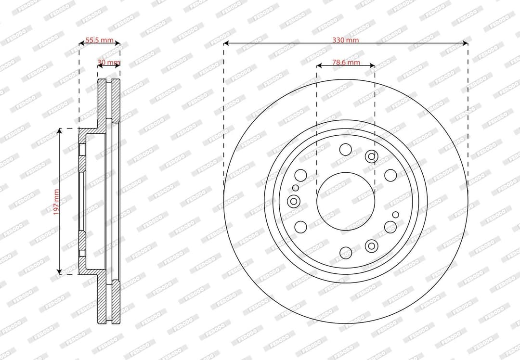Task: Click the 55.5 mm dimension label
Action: tap(99, 40)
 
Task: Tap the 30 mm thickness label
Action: tap(109, 63)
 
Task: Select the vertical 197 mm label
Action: tap(56, 201)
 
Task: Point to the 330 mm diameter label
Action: tap(346, 40)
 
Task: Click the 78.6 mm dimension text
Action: tap(346, 62)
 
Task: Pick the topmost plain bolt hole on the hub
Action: tap(345, 149)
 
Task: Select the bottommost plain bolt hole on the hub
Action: tap(346, 252)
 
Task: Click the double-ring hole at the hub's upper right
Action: tap(371, 156)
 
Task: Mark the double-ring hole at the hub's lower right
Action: tap(371, 246)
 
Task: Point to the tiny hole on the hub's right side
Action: tap(395, 215)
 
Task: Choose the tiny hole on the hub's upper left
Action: tap(296, 188)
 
